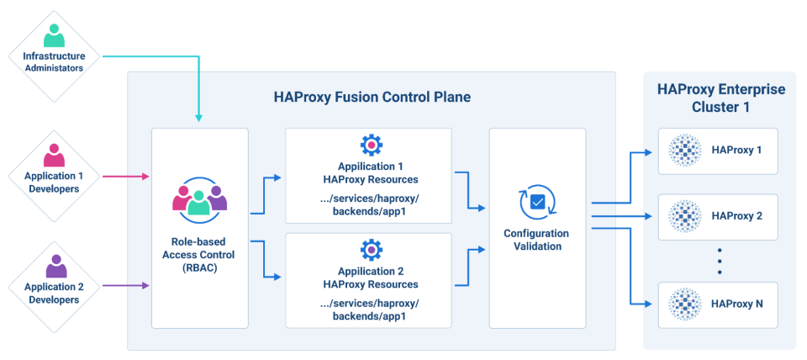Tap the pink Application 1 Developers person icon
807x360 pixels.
54,156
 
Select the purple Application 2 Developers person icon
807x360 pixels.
54,266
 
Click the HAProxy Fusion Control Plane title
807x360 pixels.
372,97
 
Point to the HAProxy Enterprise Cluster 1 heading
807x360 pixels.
720,98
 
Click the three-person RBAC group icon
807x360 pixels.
199,199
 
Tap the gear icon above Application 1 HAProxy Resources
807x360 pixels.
371,145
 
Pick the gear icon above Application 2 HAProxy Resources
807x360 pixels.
371,250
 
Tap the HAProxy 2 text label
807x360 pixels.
736,215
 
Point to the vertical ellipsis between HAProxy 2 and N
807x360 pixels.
720,260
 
